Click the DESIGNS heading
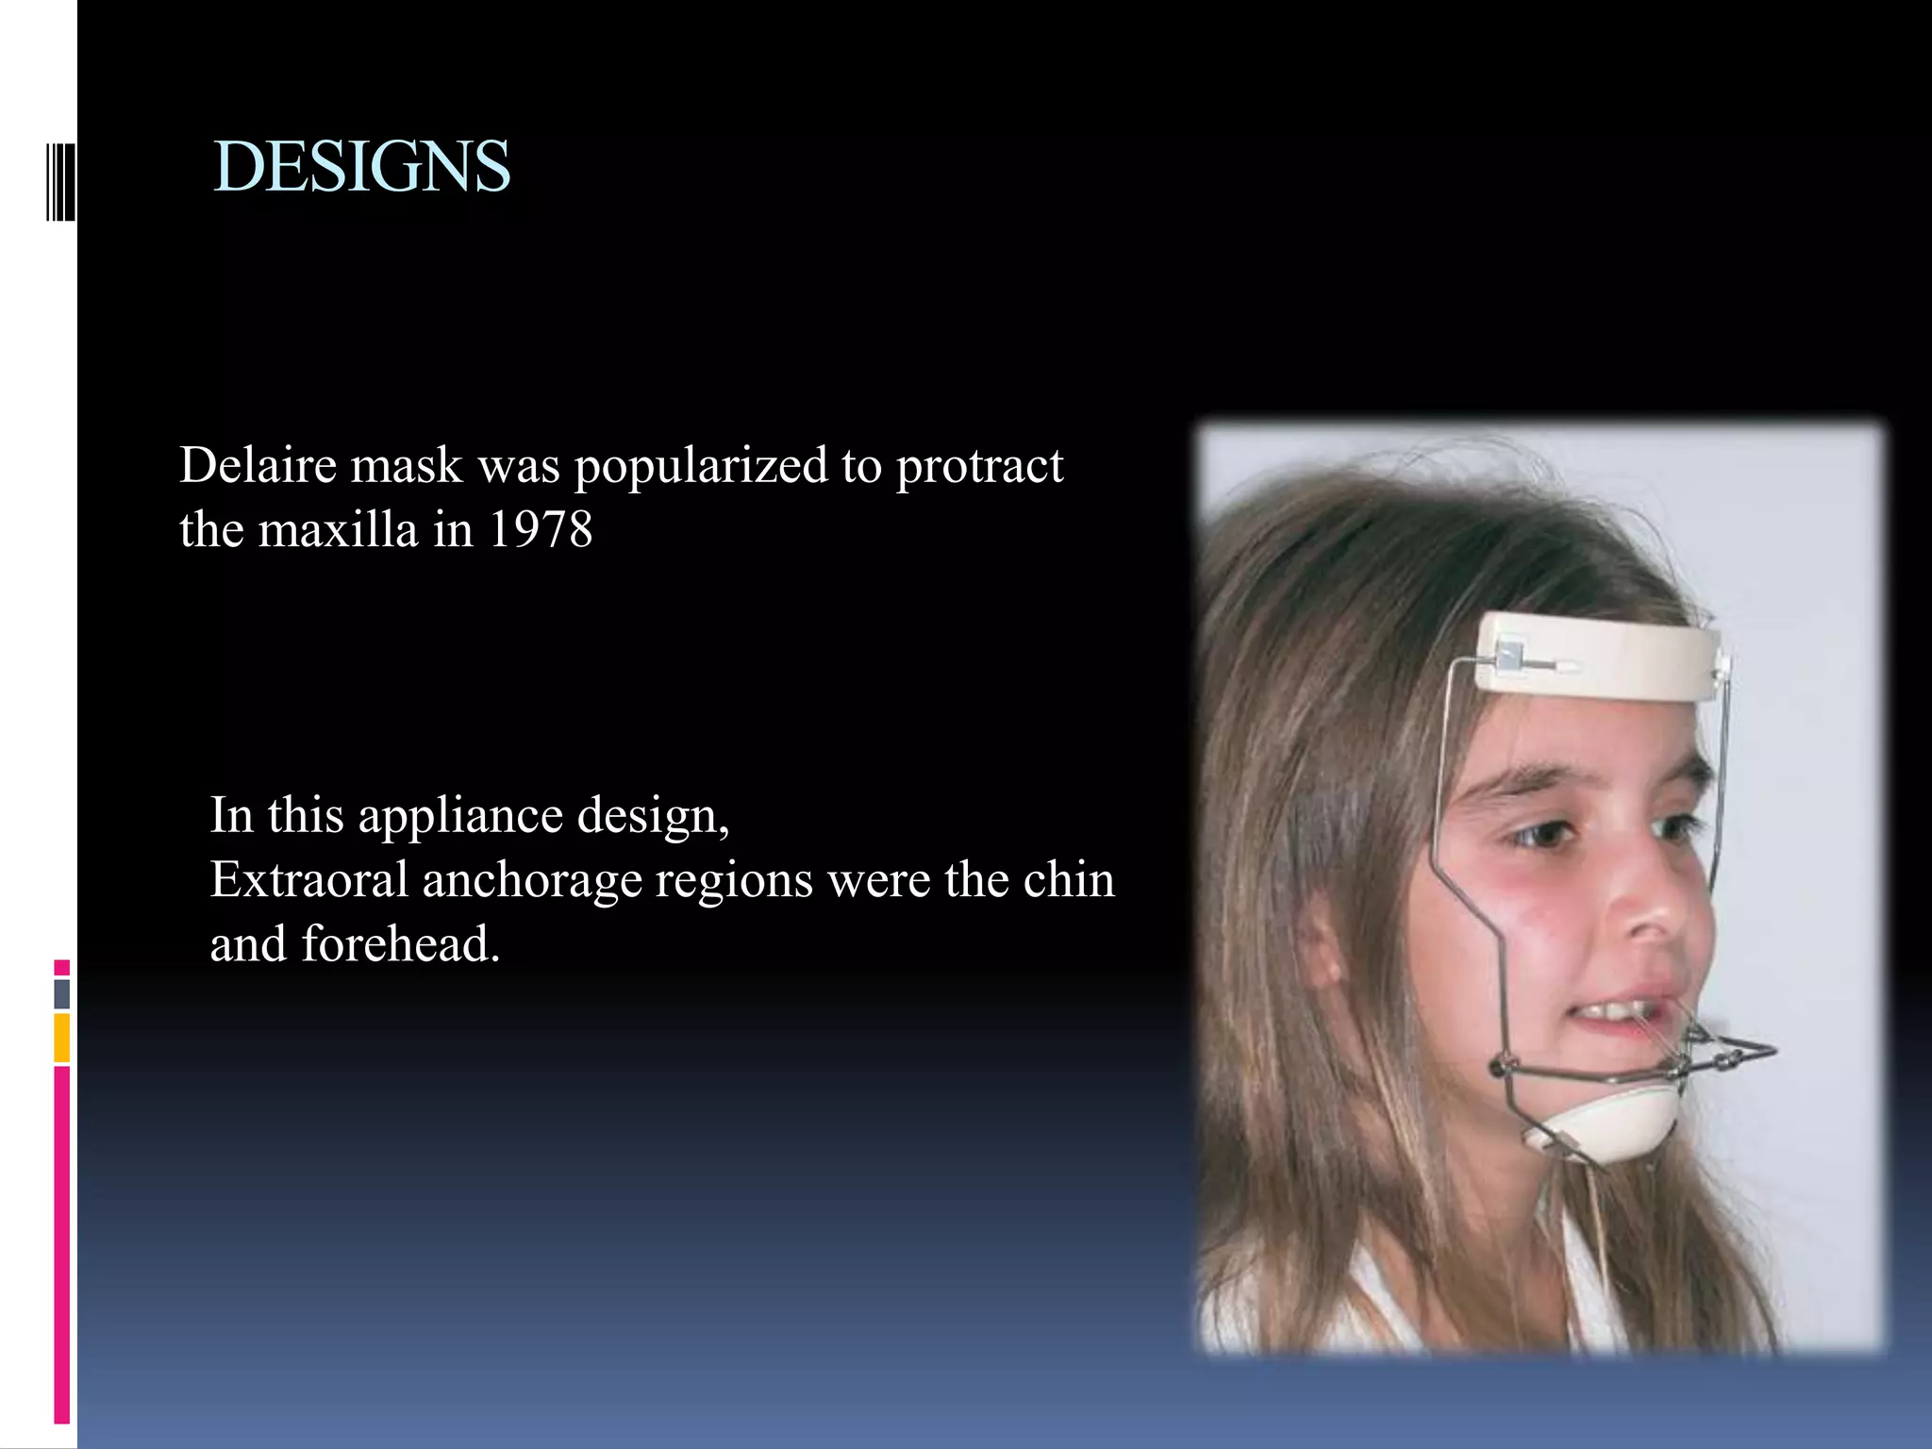362,167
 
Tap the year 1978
541,529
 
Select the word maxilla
337,529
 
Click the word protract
978,467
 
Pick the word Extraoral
308,879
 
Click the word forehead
400,943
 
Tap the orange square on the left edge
61,1038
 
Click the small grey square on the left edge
61,993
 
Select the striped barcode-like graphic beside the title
60,180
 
